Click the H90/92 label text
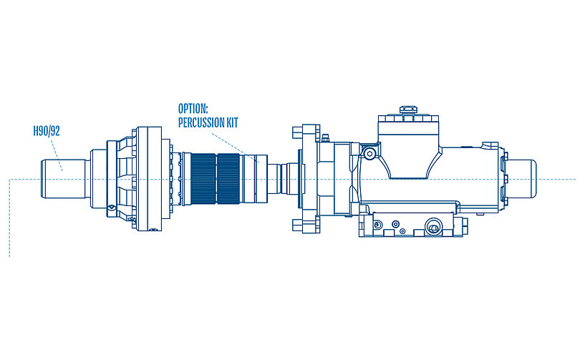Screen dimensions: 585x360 (x=47, y=131)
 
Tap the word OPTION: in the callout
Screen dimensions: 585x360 (x=193, y=109)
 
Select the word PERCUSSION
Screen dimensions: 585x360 (x=200, y=122)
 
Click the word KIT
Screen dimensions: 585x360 (x=232, y=122)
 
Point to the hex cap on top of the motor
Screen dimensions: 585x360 (x=408, y=110)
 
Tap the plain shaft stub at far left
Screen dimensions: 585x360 (x=64, y=179)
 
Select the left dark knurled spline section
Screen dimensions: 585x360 (x=203, y=178)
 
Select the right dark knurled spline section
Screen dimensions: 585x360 (x=228, y=178)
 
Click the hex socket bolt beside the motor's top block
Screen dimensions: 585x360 (x=369, y=154)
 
